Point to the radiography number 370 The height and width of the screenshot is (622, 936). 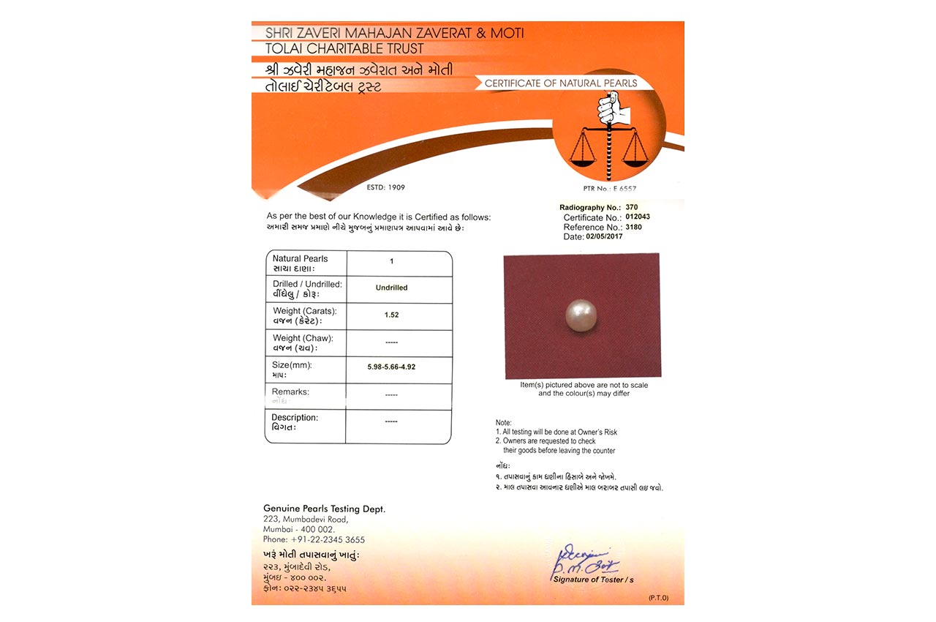[x=621, y=208]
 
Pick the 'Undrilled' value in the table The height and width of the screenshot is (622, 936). [x=391, y=288]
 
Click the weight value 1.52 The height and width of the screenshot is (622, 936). [x=391, y=315]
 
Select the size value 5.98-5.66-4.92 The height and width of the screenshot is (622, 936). [x=391, y=367]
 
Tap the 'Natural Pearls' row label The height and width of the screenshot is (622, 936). [x=300, y=259]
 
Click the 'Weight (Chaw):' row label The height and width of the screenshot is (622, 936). [x=302, y=338]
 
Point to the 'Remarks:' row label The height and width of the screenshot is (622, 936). [x=290, y=392]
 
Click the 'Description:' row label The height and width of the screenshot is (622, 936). [x=295, y=418]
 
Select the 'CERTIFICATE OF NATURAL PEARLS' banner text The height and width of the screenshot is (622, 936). [x=561, y=83]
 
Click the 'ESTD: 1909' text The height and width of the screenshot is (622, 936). [x=385, y=187]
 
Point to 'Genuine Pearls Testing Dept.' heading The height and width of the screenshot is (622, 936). [x=324, y=509]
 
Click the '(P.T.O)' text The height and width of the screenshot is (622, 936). [x=658, y=598]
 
